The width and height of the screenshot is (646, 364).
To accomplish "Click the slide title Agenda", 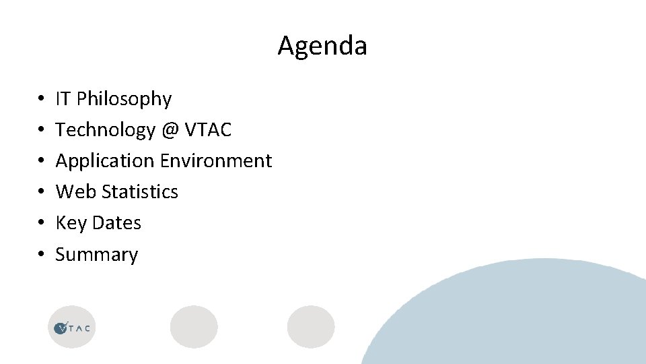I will tap(322, 46).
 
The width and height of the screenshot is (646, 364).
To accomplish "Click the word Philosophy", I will tap(124, 99).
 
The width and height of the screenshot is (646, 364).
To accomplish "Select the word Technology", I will tap(105, 129).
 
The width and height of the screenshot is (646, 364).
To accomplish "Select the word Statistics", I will tap(140, 191).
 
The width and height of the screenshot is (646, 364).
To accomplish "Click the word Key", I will tap(70, 223).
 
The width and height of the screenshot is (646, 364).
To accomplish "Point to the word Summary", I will tap(96, 255).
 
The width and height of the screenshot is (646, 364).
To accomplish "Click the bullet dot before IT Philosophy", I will tap(42, 99).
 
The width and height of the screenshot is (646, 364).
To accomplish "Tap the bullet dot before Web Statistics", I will tap(42, 192).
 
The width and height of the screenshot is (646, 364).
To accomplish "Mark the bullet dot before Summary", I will tap(42, 255).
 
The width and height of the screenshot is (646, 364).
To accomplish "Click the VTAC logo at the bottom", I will tap(72, 328).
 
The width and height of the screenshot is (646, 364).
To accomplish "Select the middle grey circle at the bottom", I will tap(194, 327).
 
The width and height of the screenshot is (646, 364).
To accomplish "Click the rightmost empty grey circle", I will tap(311, 327).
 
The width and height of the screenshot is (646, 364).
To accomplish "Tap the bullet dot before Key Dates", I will tap(42, 223).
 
